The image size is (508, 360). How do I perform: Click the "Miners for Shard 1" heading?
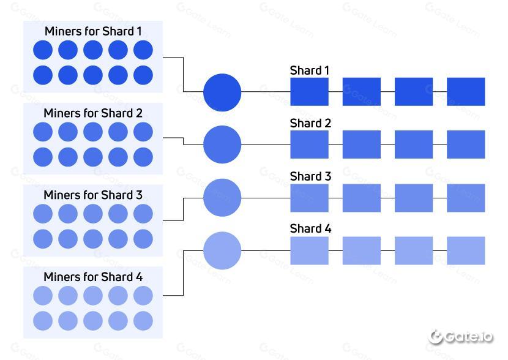93,31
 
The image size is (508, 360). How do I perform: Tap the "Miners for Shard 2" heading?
93,113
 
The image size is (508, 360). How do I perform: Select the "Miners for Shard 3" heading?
93,195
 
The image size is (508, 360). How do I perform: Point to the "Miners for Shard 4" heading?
93,277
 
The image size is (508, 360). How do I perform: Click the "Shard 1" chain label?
310,70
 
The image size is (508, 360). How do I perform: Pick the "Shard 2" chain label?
310,124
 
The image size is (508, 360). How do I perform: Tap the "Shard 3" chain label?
310,176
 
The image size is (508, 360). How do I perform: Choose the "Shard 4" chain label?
310,229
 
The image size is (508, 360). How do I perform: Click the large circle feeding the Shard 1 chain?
222,92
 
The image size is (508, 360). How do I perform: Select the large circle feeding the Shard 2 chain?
222,144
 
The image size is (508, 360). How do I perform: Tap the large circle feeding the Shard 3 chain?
222,198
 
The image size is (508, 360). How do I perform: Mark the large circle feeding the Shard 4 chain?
222,250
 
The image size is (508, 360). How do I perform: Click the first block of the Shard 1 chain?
310,92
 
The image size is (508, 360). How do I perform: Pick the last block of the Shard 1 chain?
466,92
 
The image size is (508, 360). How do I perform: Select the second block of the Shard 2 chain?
362,144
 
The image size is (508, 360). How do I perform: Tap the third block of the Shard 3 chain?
414,198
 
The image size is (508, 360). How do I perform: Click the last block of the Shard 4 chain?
466,250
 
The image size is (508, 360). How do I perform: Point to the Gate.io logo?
461,337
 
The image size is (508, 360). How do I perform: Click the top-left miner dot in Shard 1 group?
43,50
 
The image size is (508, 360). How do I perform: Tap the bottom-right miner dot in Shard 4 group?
143,321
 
